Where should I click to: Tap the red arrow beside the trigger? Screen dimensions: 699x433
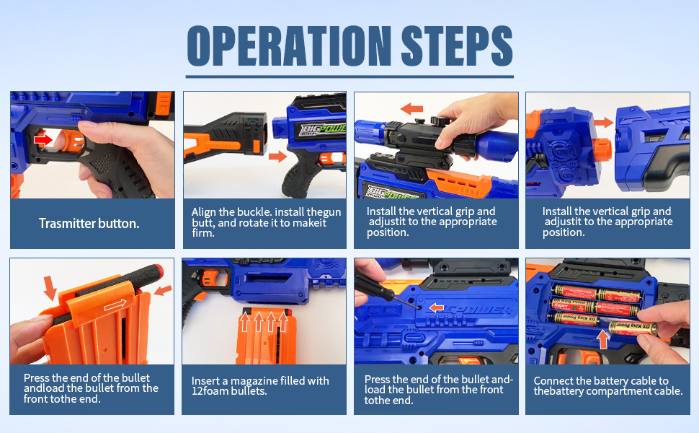point(43,140)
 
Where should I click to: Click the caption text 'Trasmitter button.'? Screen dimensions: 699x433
point(89,223)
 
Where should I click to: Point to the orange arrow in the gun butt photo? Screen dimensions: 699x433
point(277,156)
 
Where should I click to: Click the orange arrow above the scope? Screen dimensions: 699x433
point(411,108)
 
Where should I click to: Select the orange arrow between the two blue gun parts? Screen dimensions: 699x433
point(604,122)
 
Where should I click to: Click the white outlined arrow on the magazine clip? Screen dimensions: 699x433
point(115,305)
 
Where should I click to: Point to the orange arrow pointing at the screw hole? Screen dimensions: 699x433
point(437,307)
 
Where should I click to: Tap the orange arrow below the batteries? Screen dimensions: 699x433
point(603,339)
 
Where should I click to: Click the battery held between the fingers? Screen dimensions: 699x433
point(633,327)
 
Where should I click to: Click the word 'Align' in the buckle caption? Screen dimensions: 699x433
point(204,212)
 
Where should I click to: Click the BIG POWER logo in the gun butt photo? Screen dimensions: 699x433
point(322,130)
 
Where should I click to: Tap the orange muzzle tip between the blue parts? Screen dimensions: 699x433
point(602,150)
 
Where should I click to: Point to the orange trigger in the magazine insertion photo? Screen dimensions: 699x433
point(209,278)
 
